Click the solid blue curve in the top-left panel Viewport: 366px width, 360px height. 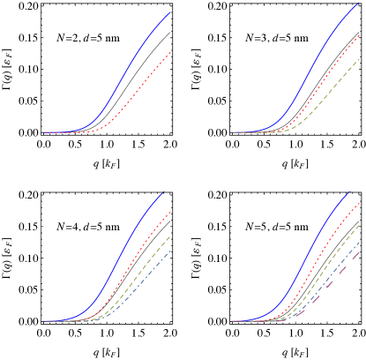tap(132, 61)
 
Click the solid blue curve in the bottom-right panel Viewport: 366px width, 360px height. tap(317, 247)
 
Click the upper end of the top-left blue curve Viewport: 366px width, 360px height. tap(170, 12)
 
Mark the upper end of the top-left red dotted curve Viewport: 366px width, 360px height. tap(170, 53)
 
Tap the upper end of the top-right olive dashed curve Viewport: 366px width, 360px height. tap(360, 58)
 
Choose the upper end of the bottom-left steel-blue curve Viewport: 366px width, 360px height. tap(170, 251)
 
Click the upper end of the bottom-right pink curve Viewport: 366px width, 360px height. tap(360, 251)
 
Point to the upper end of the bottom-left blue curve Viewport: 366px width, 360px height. tap(164, 192)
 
